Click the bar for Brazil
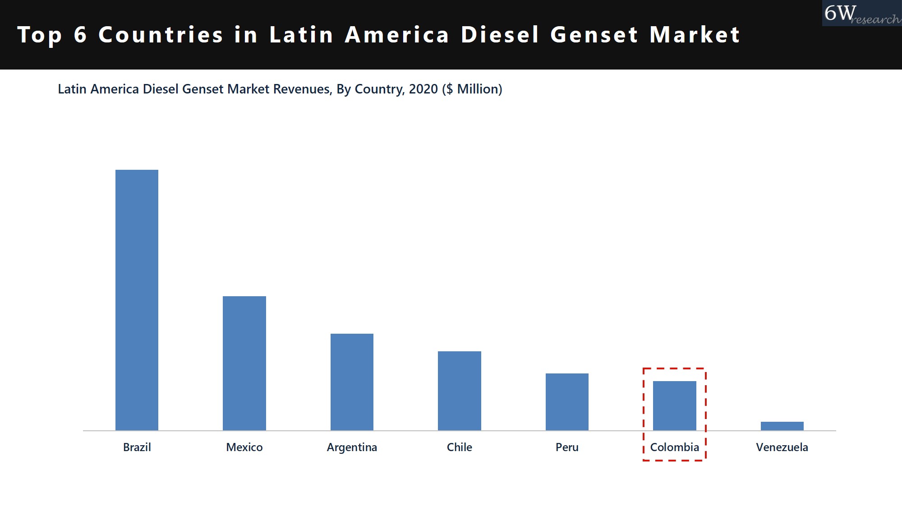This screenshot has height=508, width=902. tap(137, 300)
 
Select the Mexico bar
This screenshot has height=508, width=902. tap(244, 363)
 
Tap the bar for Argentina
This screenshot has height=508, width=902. tap(352, 382)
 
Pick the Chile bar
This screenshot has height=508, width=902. tap(459, 391)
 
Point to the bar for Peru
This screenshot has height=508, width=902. tap(567, 401)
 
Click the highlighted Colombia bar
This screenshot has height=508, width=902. tap(674, 405)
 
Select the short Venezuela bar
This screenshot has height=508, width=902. tap(782, 426)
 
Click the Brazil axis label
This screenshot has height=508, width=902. tap(137, 447)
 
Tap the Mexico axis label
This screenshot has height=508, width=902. tap(244, 447)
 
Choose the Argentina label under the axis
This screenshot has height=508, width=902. tap(352, 447)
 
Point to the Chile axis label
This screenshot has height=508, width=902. tap(459, 447)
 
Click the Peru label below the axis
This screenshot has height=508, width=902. tap(567, 447)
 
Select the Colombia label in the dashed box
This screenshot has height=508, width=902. tap(674, 447)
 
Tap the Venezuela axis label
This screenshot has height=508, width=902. tap(782, 447)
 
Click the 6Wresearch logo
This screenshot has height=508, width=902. tap(861, 14)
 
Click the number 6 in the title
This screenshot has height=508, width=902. tap(80, 35)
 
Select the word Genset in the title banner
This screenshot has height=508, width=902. tap(594, 35)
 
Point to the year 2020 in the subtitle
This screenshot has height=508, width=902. tap(423, 89)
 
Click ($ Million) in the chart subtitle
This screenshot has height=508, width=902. tap(472, 89)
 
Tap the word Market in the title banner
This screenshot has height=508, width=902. tap(695, 35)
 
